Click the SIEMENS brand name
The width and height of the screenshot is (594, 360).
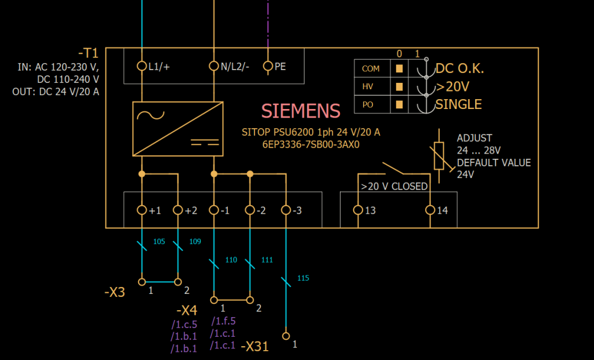301,111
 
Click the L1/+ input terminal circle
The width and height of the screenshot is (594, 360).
142,66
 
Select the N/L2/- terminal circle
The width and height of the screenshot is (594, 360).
214,66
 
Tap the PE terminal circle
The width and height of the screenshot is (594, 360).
268,66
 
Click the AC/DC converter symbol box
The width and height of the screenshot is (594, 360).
178,129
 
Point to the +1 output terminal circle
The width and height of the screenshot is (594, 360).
142,210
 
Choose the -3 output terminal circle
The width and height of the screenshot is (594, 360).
286,210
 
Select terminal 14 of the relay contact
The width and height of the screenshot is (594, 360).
430,210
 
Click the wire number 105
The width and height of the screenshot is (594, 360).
159,241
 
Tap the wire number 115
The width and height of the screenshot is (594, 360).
303,278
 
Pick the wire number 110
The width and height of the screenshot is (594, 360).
231,260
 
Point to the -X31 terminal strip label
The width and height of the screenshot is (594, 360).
255,347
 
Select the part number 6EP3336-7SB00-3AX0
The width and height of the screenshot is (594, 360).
311,145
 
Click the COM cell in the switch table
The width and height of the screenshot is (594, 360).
371,68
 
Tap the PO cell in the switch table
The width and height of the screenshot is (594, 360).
367,105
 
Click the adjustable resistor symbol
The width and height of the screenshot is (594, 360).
439,155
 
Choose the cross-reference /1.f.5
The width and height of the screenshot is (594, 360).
223,321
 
